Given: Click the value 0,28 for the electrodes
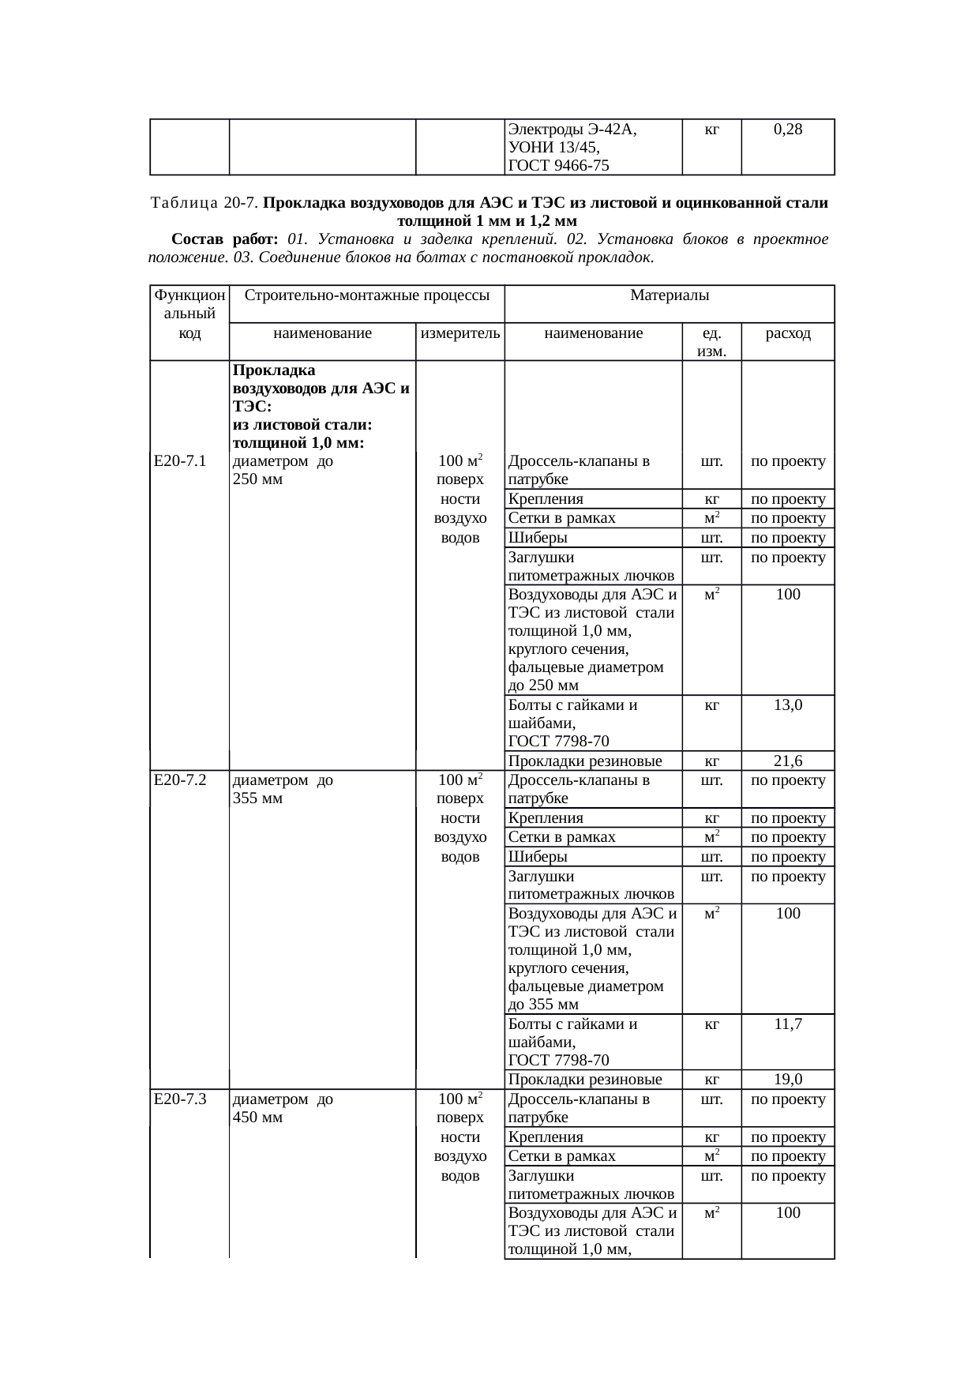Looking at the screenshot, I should coord(788,130).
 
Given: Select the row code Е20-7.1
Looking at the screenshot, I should coord(180,461).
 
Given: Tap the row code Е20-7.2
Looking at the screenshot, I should coord(180,780).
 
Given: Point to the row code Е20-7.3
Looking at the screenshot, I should coord(180,1099).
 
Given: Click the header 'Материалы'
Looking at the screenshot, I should coord(670,296).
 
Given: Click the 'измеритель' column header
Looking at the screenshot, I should coord(460,333).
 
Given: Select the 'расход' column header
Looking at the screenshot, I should coord(788,333).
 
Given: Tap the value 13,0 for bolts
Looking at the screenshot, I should coord(788,705).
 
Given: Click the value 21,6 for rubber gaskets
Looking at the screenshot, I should coord(788,761).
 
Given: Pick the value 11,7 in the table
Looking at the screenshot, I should coord(788,1024).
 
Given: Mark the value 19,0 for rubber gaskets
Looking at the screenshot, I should coord(788,1080).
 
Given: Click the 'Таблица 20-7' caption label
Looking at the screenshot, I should coord(203,203).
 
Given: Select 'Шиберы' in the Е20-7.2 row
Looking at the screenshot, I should coord(538,857).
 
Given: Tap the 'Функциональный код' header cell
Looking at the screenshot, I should coord(189,314).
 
